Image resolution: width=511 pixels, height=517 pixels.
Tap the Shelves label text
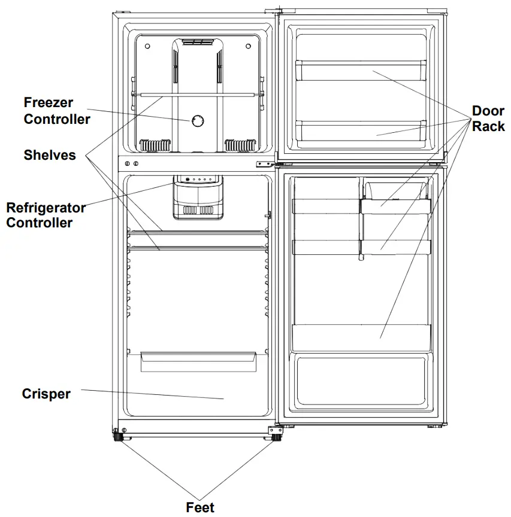click(50, 155)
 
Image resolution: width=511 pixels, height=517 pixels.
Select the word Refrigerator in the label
click(46, 208)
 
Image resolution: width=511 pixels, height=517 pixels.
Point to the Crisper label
click(46, 394)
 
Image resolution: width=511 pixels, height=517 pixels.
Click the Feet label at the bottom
click(200, 507)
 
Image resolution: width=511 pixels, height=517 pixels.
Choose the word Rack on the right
click(488, 126)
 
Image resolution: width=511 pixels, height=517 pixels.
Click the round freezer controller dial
click(197, 121)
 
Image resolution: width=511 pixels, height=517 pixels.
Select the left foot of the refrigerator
click(117, 438)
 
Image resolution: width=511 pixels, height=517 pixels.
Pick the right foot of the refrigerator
click(276, 438)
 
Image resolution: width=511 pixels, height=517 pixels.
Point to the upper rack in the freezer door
click(361, 70)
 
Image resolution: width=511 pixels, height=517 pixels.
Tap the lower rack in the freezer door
click(361, 128)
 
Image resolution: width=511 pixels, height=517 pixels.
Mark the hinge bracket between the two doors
click(266, 163)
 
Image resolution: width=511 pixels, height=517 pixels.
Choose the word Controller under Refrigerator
click(40, 223)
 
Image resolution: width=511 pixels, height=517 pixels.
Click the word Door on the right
click(488, 111)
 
